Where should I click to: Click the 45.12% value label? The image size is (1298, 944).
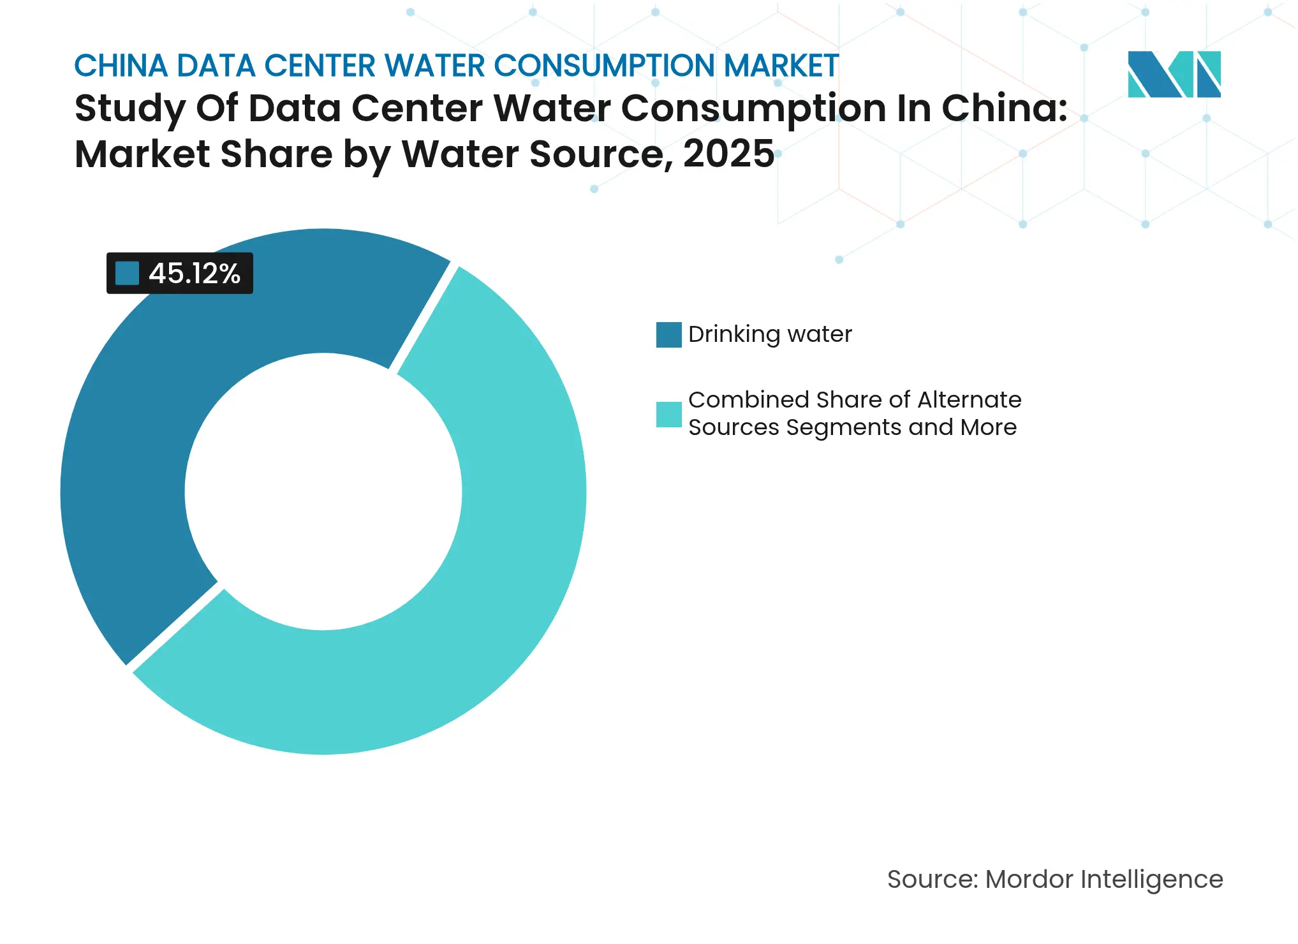[194, 274]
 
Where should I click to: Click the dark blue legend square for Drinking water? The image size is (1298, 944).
[668, 335]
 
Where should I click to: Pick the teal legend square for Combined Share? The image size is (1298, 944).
[668, 415]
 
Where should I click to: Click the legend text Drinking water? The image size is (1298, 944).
[770, 334]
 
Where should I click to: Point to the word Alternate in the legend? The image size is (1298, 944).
[969, 400]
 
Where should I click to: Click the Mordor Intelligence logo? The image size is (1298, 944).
[1174, 74]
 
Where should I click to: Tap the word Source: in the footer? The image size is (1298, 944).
[932, 880]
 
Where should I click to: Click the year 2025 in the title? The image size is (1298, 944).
[728, 154]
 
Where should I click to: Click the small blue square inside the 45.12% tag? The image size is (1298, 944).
[127, 274]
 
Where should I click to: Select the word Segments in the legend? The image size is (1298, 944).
[844, 427]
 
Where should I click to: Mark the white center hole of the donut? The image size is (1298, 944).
[323, 492]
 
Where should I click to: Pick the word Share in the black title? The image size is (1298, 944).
[277, 154]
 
